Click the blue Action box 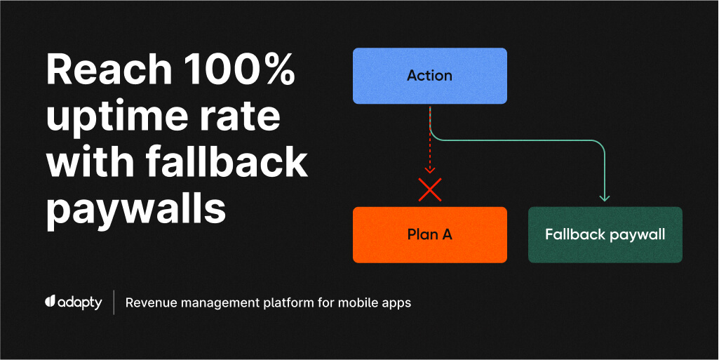pos(429,76)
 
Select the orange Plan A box pos(429,234)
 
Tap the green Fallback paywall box pos(605,234)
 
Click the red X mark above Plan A pos(429,189)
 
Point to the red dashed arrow pos(429,140)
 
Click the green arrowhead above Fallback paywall pos(605,197)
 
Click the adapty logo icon pos(51,302)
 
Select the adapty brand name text pos(80,303)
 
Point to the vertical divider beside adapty pos(114,302)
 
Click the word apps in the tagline pos(397,304)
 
